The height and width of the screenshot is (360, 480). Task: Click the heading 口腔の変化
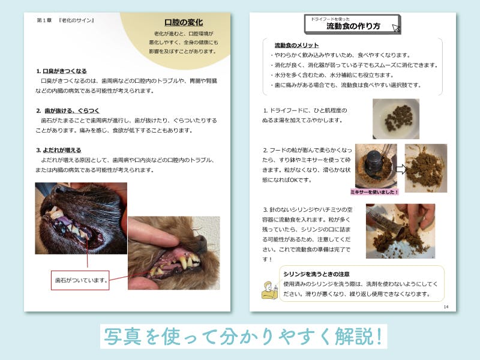pyautogui.click(x=184, y=22)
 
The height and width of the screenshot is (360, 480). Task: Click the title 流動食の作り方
pyautogui.click(x=353, y=26)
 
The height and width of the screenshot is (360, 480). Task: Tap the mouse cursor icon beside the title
pyautogui.click(x=397, y=28)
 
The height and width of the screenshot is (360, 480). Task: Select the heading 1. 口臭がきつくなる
pyautogui.click(x=62, y=71)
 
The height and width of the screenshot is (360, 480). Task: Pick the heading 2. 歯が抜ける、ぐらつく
pyautogui.click(x=68, y=111)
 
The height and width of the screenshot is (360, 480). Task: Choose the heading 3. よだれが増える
pyautogui.click(x=59, y=151)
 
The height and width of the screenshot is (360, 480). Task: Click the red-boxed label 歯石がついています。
pyautogui.click(x=80, y=280)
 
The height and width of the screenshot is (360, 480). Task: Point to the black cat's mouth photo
pyautogui.click(x=81, y=218)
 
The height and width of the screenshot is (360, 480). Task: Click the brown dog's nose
pyautogui.click(x=202, y=242)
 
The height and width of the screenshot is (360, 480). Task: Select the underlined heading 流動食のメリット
pyautogui.click(x=296, y=46)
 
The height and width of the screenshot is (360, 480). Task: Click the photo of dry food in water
pyautogui.click(x=396, y=119)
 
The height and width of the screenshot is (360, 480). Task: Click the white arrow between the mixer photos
pyautogui.click(x=401, y=169)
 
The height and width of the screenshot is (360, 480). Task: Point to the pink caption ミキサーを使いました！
pyautogui.click(x=374, y=192)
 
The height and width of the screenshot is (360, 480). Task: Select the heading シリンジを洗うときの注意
pyautogui.click(x=316, y=274)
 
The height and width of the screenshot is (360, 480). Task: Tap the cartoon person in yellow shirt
pyautogui.click(x=269, y=290)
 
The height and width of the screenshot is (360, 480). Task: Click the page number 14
pyautogui.click(x=446, y=307)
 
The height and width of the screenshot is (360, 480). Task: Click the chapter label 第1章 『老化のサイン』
pyautogui.click(x=65, y=20)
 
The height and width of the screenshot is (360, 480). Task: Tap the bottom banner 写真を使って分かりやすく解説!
pyautogui.click(x=244, y=337)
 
